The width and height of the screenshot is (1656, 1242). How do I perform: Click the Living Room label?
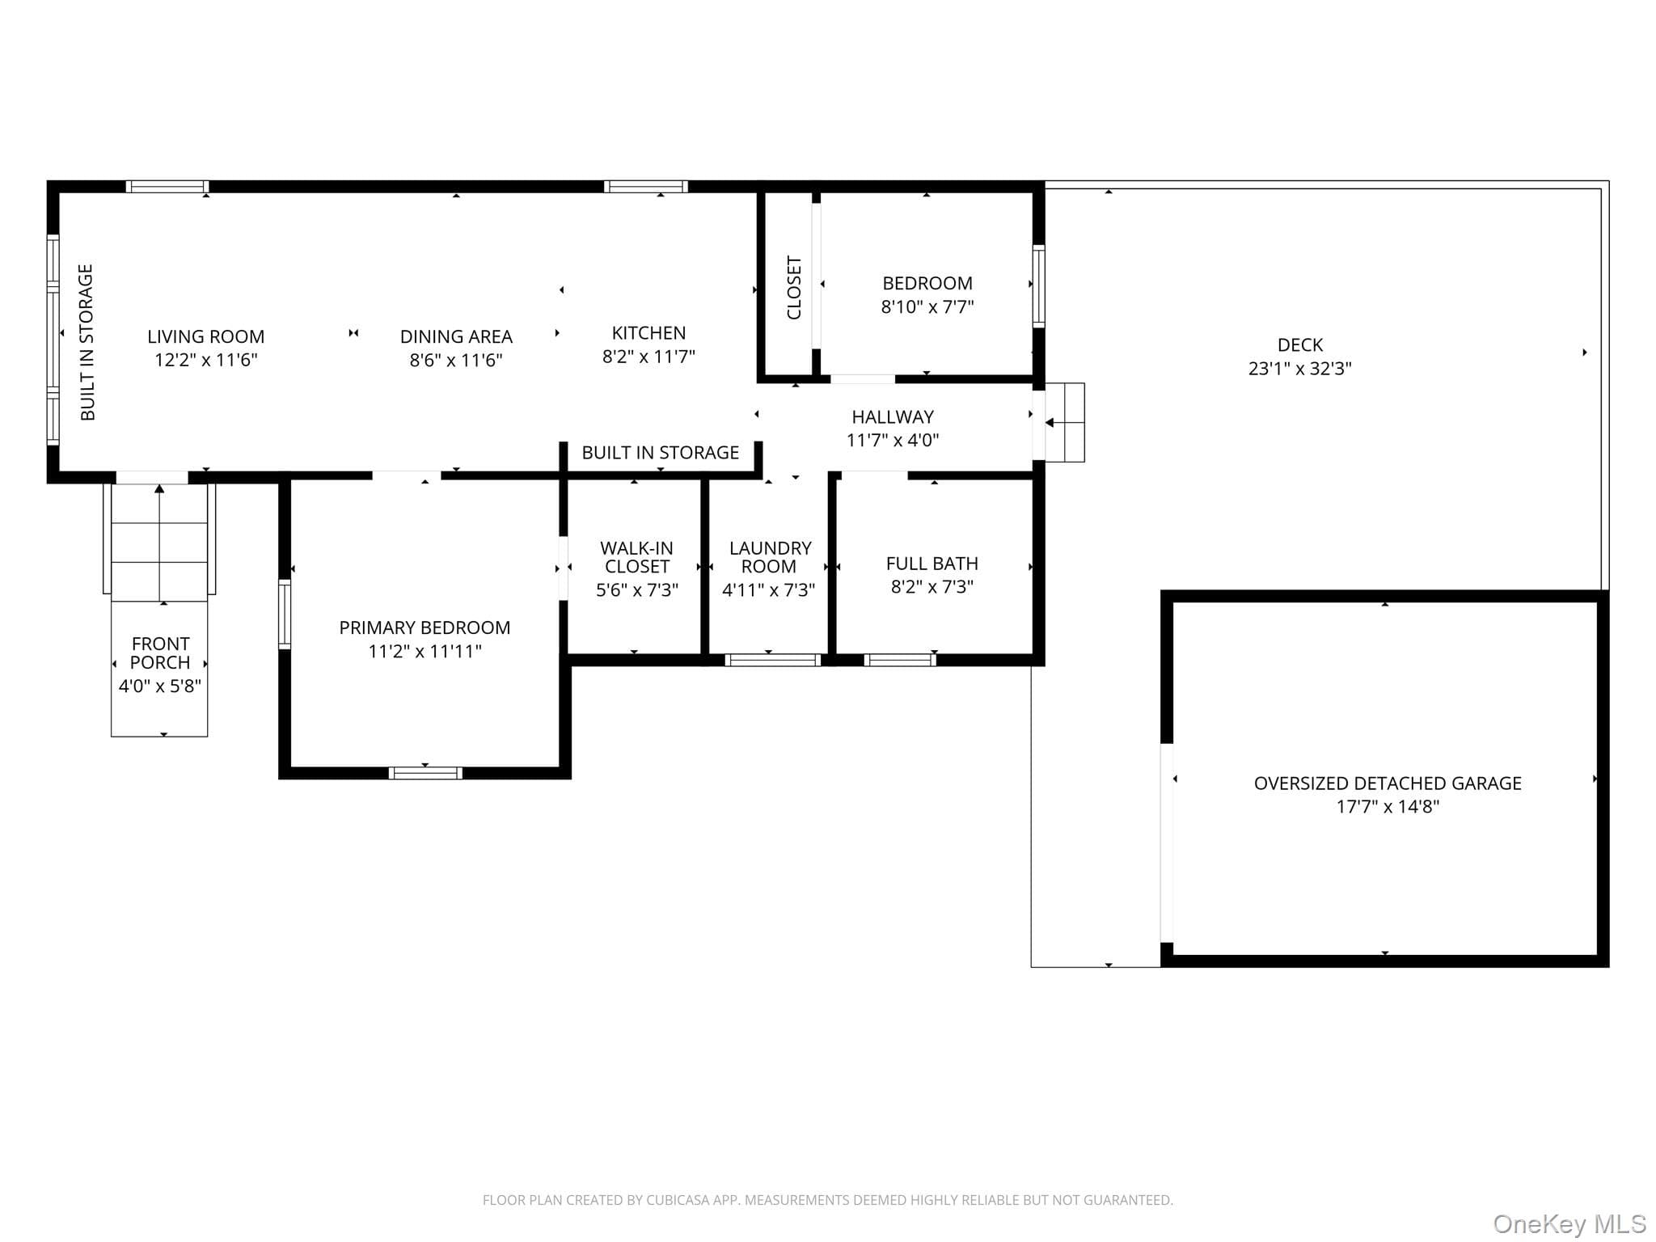click(205, 336)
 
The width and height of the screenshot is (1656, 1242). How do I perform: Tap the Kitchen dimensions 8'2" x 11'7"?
click(648, 357)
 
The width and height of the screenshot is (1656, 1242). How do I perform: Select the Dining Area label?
click(456, 336)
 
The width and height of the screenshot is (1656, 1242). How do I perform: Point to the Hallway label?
click(893, 417)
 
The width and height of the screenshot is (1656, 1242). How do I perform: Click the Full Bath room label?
click(931, 564)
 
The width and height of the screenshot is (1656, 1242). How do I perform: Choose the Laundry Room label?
click(770, 557)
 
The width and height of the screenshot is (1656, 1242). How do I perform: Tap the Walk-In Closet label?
click(636, 557)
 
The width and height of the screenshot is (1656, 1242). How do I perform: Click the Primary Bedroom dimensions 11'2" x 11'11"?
click(425, 652)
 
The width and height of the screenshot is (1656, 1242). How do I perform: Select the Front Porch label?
click(160, 653)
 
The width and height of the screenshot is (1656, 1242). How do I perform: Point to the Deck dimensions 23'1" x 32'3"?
click(1299, 369)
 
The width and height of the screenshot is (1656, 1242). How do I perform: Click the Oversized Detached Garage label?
click(1388, 783)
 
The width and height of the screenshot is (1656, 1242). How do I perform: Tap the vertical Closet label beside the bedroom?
click(794, 288)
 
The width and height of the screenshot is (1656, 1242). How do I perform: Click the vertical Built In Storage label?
click(87, 342)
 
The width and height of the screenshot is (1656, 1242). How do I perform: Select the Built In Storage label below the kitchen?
click(660, 453)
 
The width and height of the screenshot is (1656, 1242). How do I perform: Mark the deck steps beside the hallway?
click(1064, 423)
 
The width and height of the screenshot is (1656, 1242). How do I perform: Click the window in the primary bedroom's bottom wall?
click(425, 773)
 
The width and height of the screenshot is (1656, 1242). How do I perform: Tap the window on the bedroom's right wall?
click(1039, 286)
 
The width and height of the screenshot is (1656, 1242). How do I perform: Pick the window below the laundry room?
click(773, 660)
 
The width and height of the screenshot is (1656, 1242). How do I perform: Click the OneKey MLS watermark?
click(1569, 1224)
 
